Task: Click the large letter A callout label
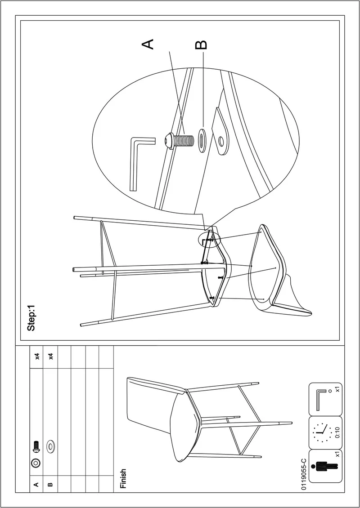click(148, 44)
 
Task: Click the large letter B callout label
click(201, 45)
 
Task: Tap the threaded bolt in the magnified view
click(180, 141)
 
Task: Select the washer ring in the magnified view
click(202, 141)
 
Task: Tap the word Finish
click(123, 478)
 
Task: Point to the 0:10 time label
click(337, 433)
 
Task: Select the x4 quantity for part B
click(50, 356)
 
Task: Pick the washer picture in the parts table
click(50, 446)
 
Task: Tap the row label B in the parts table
click(50, 485)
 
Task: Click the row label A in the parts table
click(36, 485)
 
